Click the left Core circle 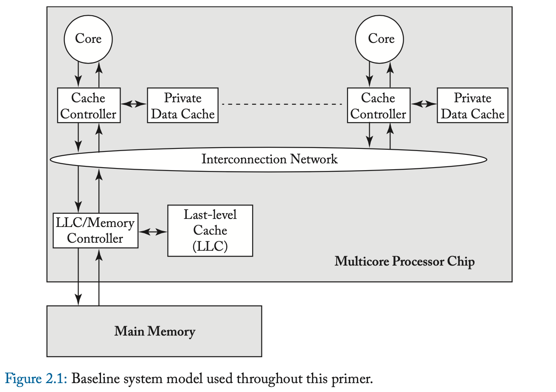[88, 39]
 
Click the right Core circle [381, 39]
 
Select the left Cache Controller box [89, 106]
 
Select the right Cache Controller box [379, 106]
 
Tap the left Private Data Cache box [183, 106]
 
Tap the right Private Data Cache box [472, 106]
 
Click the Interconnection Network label [269, 160]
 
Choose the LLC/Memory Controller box [95, 231]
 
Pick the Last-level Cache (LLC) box [210, 231]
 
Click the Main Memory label [154, 331]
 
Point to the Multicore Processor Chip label [404, 261]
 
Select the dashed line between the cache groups [282, 104]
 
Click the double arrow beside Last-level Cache [153, 232]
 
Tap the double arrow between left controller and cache [134, 104]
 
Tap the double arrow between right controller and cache [424, 104]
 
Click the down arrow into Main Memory [79, 276]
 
